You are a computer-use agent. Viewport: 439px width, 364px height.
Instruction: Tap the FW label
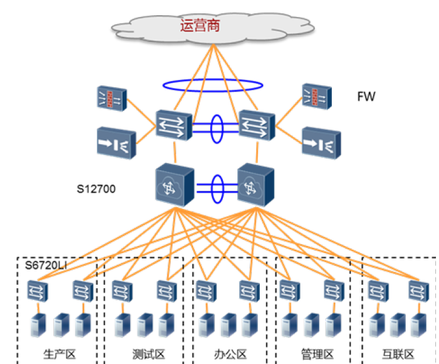coord(366,96)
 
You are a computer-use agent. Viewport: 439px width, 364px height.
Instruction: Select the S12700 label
coord(96,190)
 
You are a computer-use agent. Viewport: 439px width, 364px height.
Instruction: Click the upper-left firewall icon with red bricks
coord(111,98)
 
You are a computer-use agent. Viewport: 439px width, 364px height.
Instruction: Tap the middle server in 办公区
coord(228,325)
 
